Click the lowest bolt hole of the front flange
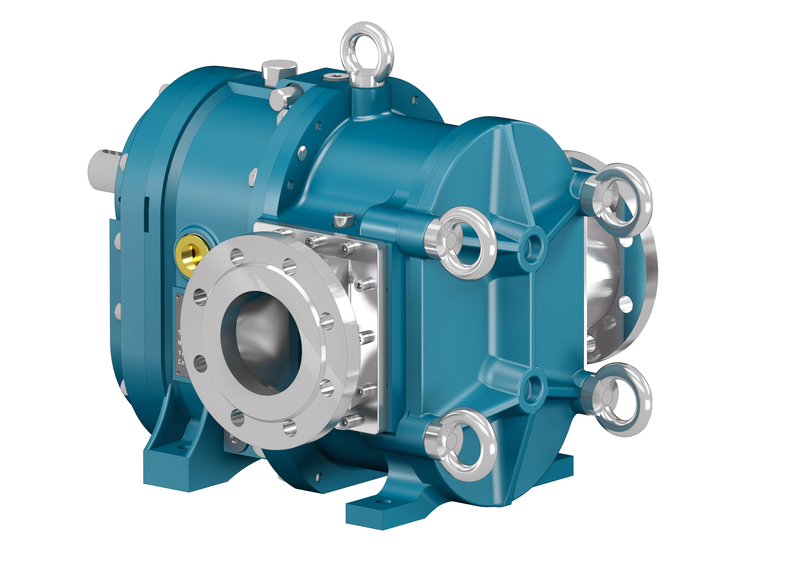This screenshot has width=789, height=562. pos(290,428)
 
